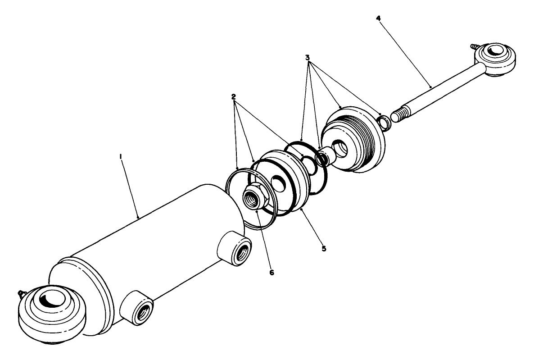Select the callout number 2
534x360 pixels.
234,97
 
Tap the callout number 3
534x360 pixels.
307,58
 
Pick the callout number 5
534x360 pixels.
324,248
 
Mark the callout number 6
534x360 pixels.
271,272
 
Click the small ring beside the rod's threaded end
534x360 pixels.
383,121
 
